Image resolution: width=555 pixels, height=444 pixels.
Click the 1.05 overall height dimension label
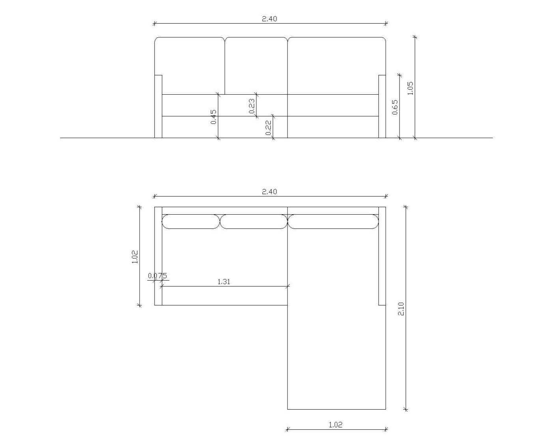410,88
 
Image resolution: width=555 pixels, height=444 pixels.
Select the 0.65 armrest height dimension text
395,107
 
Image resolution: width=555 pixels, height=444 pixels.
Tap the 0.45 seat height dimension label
213,117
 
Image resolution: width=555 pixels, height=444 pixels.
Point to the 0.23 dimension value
252,106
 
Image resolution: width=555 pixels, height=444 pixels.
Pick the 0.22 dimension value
269,127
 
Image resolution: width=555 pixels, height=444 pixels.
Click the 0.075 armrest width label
157,276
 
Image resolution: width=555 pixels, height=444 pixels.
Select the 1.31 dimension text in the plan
224,282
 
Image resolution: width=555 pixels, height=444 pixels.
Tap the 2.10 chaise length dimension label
401,309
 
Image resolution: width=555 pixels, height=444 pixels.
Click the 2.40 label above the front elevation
269,19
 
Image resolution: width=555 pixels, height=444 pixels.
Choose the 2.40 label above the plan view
269,191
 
